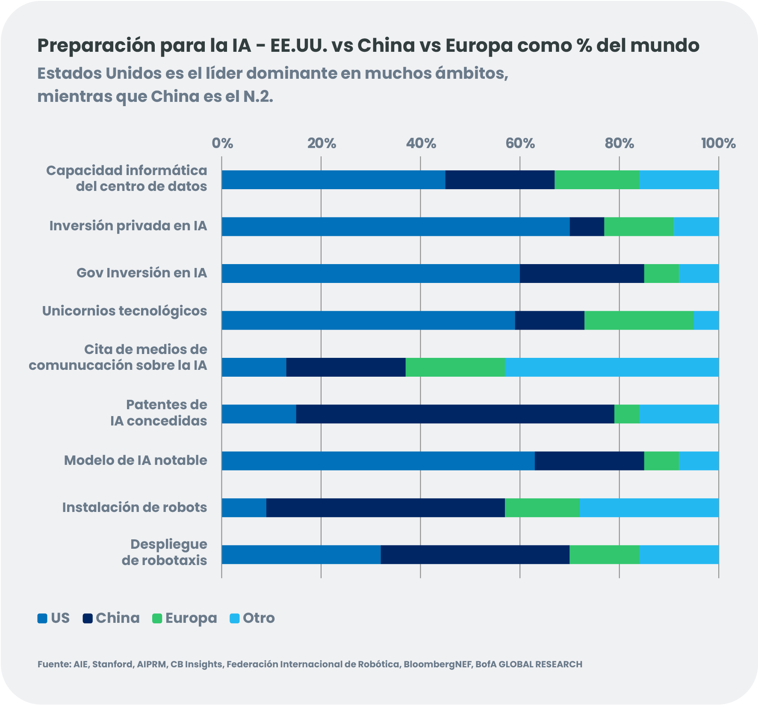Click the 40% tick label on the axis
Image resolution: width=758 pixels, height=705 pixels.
pos(421,143)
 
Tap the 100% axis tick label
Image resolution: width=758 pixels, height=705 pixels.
pos(718,143)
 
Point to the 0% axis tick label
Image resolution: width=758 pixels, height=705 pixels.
pos(222,143)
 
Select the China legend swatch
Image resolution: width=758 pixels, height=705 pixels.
pos(88,619)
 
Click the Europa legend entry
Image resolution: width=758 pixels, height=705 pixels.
pos(185,618)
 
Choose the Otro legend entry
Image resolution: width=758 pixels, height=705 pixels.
pos(252,618)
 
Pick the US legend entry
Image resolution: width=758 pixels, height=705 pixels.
pos(53,618)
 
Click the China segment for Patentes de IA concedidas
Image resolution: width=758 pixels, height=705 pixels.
pos(455,414)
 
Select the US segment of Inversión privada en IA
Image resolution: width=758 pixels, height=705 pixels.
pos(395,226)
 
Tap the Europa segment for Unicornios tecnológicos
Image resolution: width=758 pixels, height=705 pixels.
pos(639,320)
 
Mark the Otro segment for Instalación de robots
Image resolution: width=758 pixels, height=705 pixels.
pos(649,508)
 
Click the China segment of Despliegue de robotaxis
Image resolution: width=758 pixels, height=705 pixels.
pos(475,555)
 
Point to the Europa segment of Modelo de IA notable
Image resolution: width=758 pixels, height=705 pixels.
pos(661,461)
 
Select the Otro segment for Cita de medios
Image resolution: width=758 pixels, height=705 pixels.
pos(611,367)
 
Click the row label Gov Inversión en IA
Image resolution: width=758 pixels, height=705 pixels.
pos(142,273)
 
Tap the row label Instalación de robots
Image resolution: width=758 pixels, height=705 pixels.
pos(134,507)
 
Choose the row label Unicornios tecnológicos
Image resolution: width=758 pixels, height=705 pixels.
pos(124,311)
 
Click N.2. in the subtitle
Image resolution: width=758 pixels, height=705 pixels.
pos(258,97)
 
